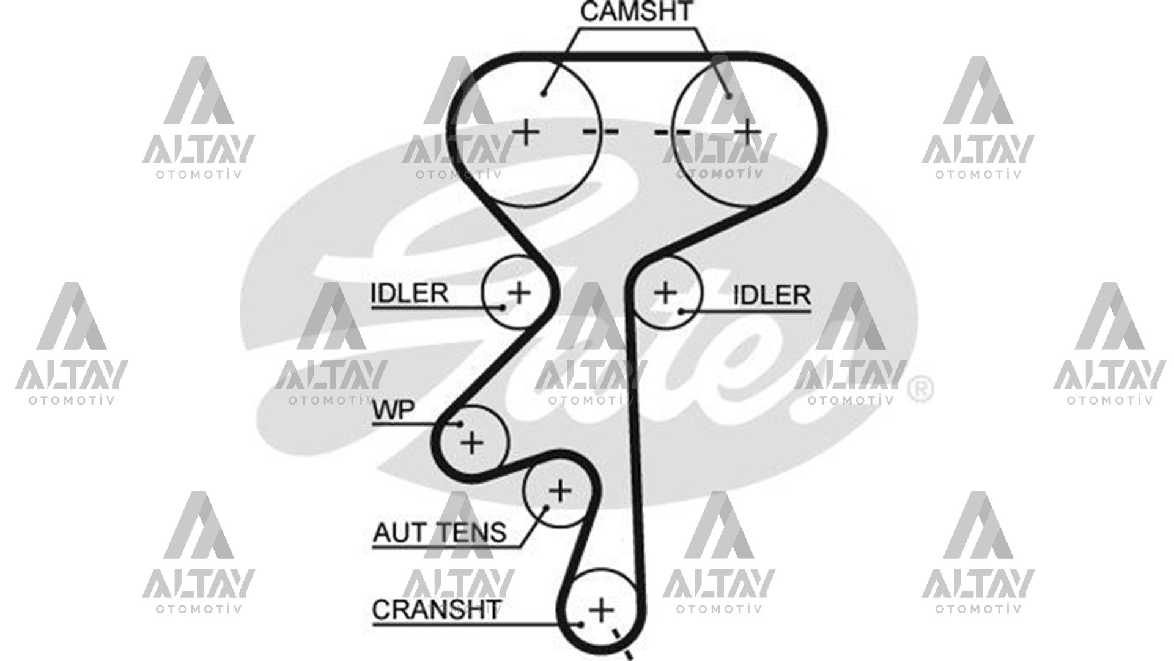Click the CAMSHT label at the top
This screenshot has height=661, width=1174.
pyautogui.click(x=636, y=12)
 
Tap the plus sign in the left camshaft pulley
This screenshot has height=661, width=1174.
pyautogui.click(x=525, y=132)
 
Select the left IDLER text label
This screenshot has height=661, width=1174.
pyautogui.click(x=409, y=293)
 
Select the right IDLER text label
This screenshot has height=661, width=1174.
pyautogui.click(x=772, y=295)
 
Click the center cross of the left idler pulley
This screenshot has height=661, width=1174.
pyautogui.click(x=519, y=292)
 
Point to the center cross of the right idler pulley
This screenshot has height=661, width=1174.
pyautogui.click(x=665, y=292)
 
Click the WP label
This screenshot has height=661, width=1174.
pyautogui.click(x=394, y=411)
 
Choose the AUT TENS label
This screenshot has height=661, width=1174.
pyautogui.click(x=440, y=532)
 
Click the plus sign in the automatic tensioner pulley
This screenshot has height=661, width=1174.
pyautogui.click(x=559, y=491)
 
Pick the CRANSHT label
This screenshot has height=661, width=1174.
pyautogui.click(x=436, y=610)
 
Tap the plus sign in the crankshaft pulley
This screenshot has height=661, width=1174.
pyautogui.click(x=601, y=610)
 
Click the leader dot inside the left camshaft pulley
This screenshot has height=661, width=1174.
pyautogui.click(x=543, y=93)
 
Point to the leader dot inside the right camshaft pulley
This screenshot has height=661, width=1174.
pyautogui.click(x=728, y=95)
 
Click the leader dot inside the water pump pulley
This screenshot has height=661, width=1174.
pyautogui.click(x=460, y=424)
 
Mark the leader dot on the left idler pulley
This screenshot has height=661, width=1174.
pyautogui.click(x=504, y=307)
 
